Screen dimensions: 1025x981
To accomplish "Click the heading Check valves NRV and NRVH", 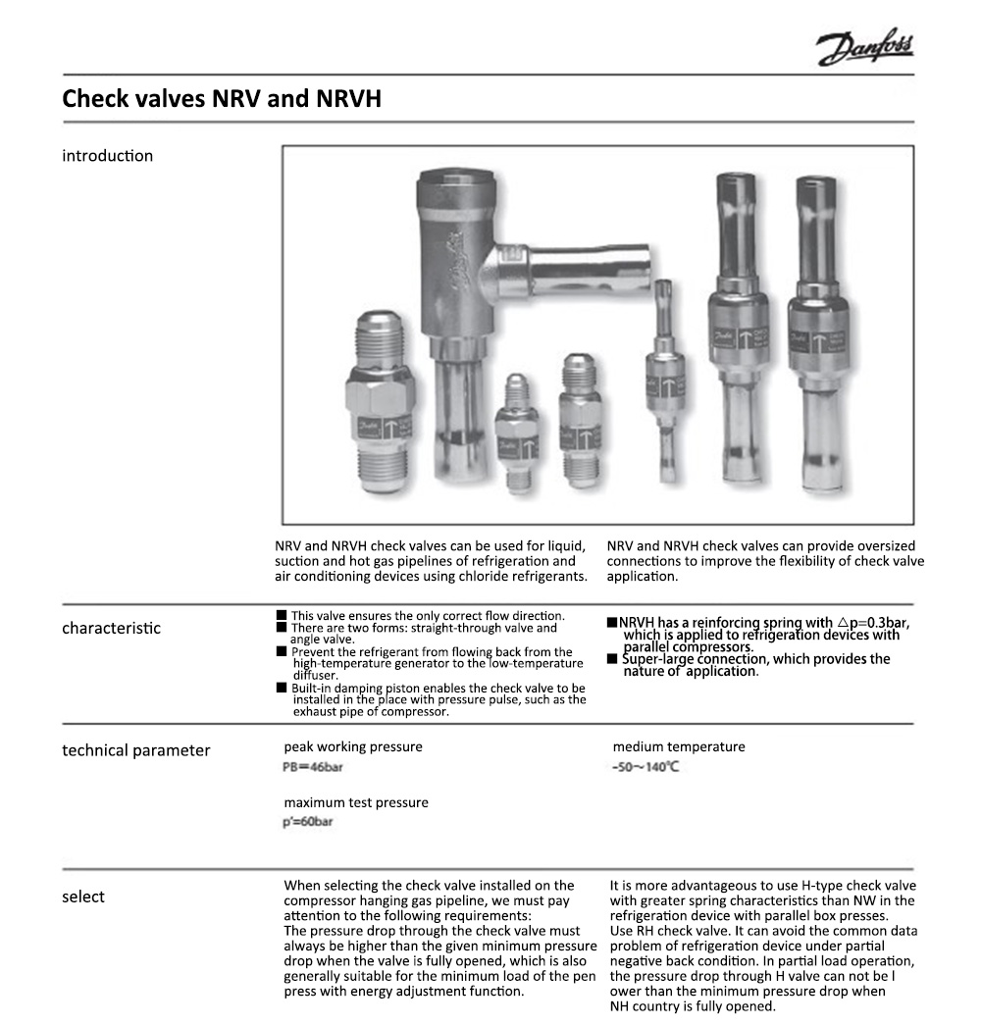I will click(x=222, y=99).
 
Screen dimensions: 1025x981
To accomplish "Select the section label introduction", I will click(x=108, y=156).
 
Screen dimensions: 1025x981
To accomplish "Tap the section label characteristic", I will click(x=111, y=628).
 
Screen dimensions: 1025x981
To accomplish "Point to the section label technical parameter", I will click(x=136, y=750).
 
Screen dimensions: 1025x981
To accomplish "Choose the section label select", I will click(x=83, y=897).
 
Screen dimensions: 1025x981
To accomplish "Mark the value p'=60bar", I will click(x=308, y=821).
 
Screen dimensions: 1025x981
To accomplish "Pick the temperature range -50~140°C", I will click(x=645, y=767).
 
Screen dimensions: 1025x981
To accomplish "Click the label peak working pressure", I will click(x=353, y=746).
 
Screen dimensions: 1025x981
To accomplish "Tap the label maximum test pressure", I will click(x=356, y=802).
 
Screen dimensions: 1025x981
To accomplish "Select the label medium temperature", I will click(x=679, y=746).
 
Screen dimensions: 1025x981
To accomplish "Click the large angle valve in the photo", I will click(x=451, y=294).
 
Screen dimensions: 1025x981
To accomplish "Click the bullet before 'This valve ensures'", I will click(x=281, y=615).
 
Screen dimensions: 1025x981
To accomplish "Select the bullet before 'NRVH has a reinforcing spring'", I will click(x=612, y=623).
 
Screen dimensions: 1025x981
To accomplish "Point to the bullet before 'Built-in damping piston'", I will click(x=281, y=689).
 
